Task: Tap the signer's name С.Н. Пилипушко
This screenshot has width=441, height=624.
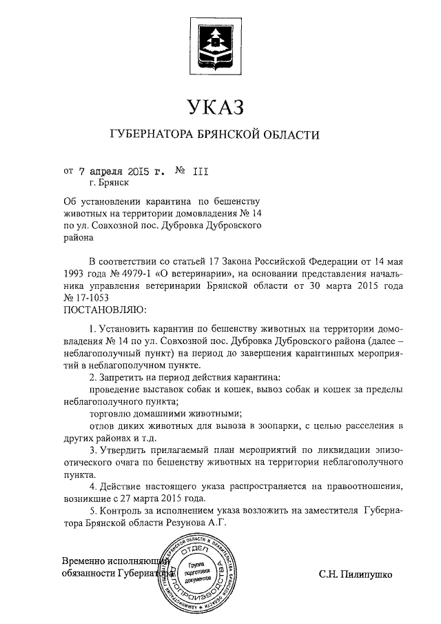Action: click(x=355, y=573)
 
